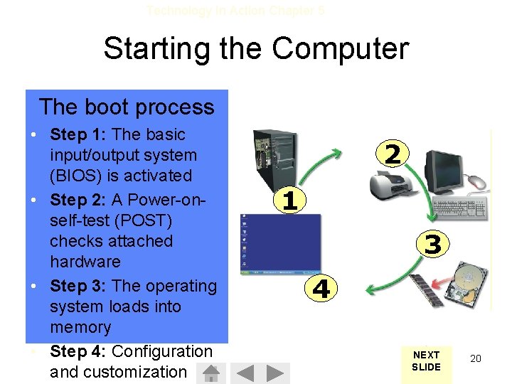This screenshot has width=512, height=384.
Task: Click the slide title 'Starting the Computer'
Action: [256, 49]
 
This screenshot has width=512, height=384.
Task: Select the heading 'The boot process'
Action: [127, 107]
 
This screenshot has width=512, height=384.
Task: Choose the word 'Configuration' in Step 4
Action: [162, 351]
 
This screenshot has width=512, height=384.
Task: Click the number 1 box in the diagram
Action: [289, 200]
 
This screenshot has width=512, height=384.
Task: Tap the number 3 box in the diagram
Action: [433, 245]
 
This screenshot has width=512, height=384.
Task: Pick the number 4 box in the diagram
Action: [321, 289]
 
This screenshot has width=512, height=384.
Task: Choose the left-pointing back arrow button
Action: [245, 373]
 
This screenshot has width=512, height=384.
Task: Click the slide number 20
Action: [476, 359]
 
